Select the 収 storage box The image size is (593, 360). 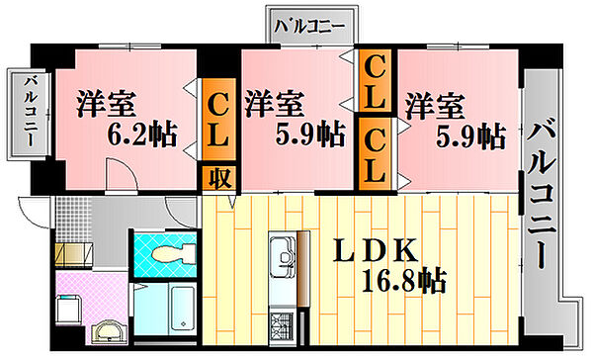219,178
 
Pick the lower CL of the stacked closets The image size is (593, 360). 377,152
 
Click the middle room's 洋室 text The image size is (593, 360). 274,102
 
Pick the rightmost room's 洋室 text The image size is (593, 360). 433,102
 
